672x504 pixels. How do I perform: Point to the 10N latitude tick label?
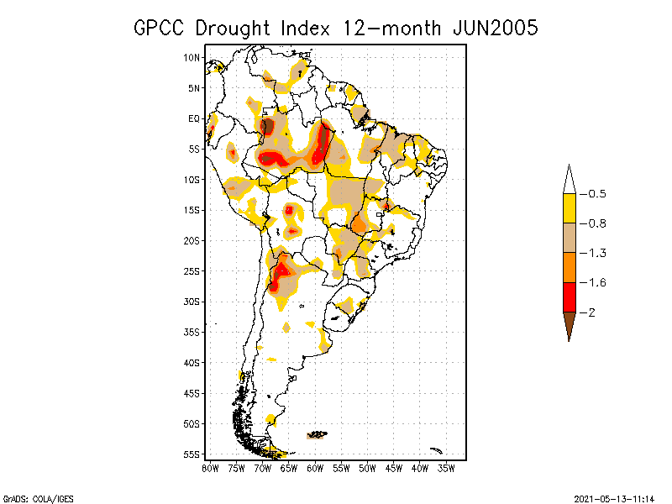click(x=192, y=57)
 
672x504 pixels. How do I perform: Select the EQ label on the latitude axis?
click(x=194, y=118)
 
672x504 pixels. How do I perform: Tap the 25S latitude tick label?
click(x=192, y=271)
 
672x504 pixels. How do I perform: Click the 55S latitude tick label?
click(x=192, y=454)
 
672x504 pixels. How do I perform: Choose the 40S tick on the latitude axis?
click(x=192, y=363)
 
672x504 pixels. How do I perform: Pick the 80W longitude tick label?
click(x=210, y=467)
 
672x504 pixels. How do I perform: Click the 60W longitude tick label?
click(x=316, y=467)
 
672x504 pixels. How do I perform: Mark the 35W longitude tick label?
click(x=447, y=467)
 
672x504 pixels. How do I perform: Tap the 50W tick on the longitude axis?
click(x=368, y=467)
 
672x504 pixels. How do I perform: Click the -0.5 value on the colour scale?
click(x=596, y=194)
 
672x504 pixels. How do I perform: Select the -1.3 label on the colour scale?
click(x=596, y=253)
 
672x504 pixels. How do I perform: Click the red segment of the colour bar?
click(x=569, y=297)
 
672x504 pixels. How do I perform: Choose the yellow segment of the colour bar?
click(x=569, y=208)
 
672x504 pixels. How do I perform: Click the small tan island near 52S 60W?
click(x=318, y=434)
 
